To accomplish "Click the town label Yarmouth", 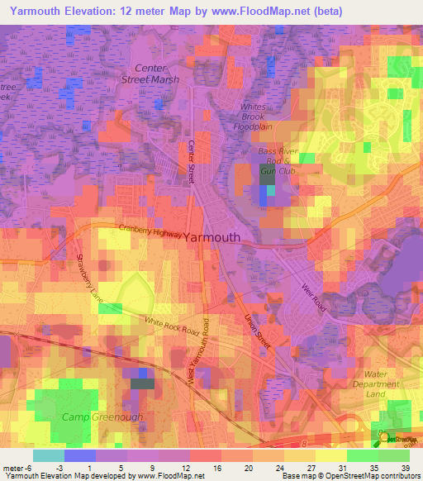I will (211, 237).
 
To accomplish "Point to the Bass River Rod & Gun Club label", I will (278, 161).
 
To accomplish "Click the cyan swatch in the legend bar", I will (49, 455).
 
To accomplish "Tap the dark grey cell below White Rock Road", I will (142, 383).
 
